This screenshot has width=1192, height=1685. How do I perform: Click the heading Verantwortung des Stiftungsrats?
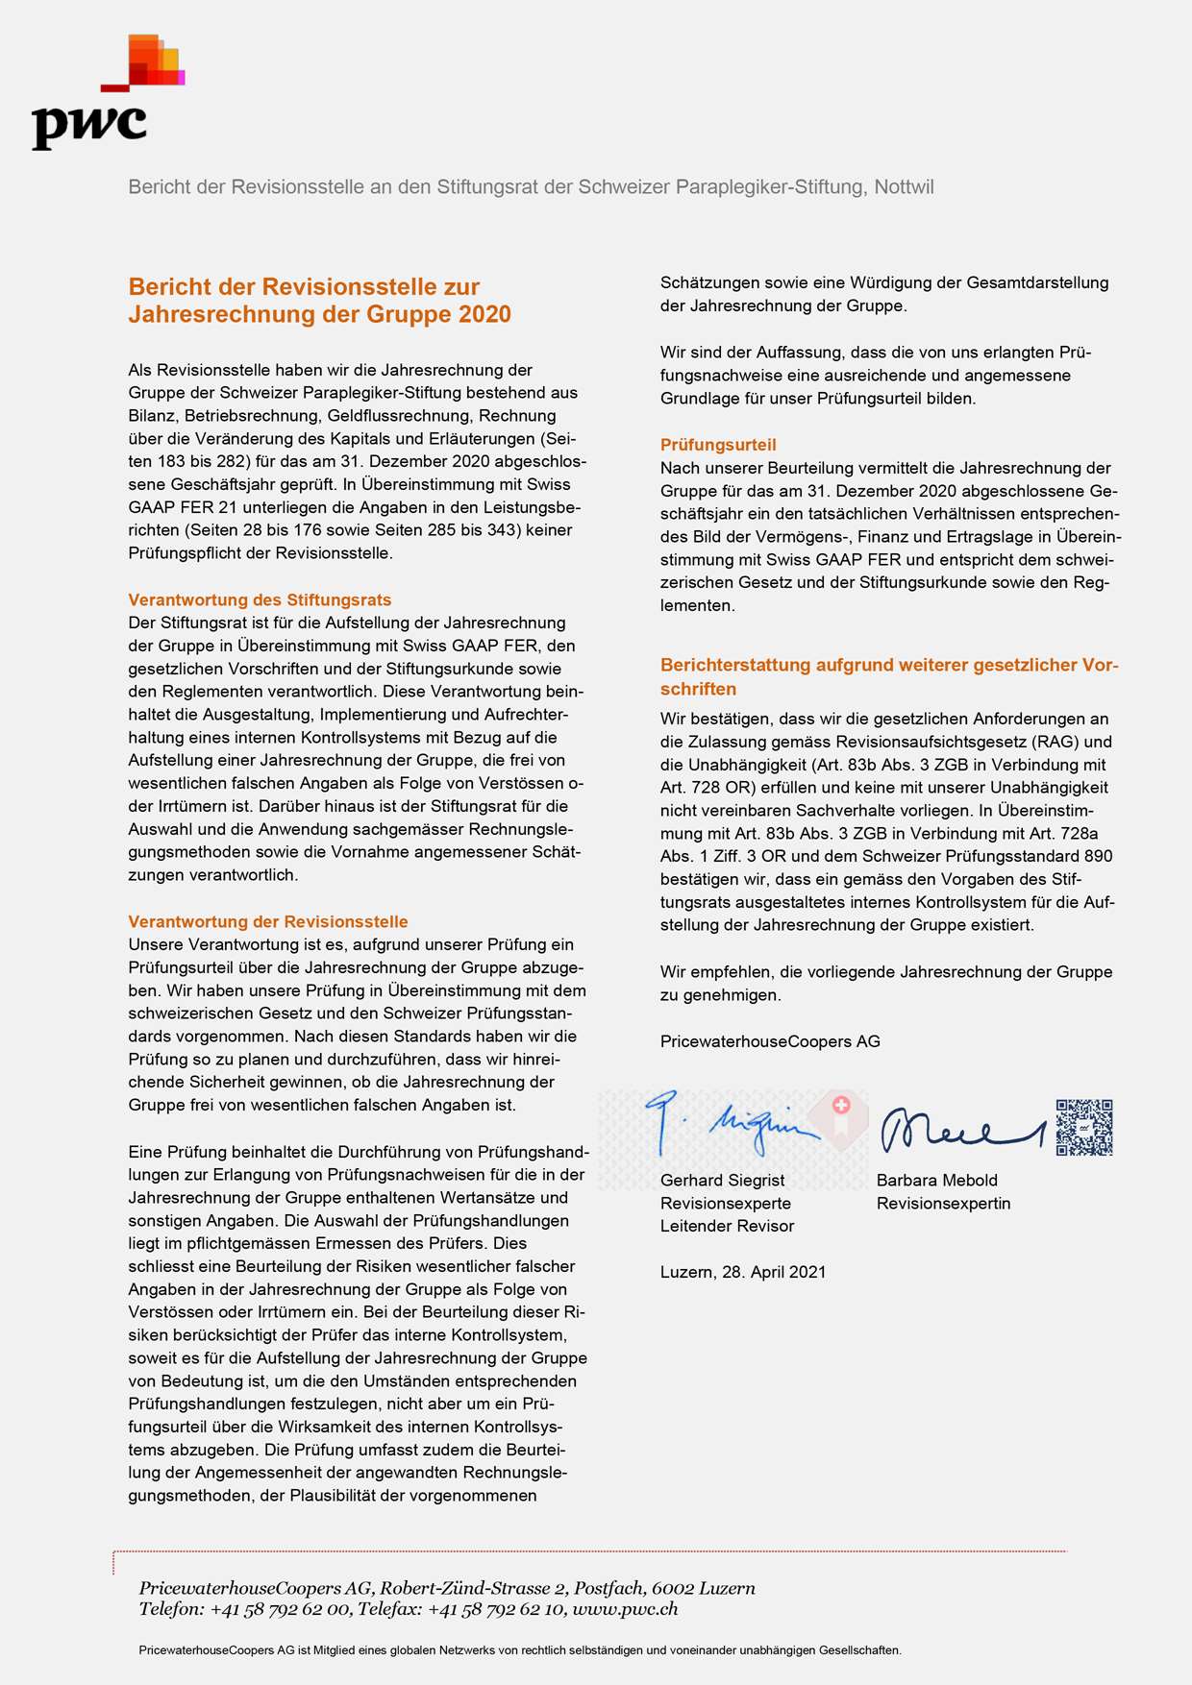point(260,599)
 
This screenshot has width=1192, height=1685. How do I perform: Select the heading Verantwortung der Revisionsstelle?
point(268,921)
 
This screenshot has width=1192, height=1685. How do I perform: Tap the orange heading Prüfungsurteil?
point(718,445)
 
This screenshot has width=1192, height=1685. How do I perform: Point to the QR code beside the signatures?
point(1083,1127)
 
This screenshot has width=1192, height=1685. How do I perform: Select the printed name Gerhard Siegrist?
point(722,1180)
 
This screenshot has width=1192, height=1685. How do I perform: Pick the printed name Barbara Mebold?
point(936,1180)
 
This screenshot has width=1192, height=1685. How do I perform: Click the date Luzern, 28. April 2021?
point(743,1272)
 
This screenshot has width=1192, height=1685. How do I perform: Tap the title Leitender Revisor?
point(727,1226)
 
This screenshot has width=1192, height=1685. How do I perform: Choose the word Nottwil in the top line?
point(904,186)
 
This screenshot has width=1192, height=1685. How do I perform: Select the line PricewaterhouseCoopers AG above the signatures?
point(770,1041)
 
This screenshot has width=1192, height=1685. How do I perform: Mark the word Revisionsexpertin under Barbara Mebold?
point(943,1203)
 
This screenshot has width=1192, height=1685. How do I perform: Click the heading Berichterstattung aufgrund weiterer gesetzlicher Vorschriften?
point(889,676)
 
